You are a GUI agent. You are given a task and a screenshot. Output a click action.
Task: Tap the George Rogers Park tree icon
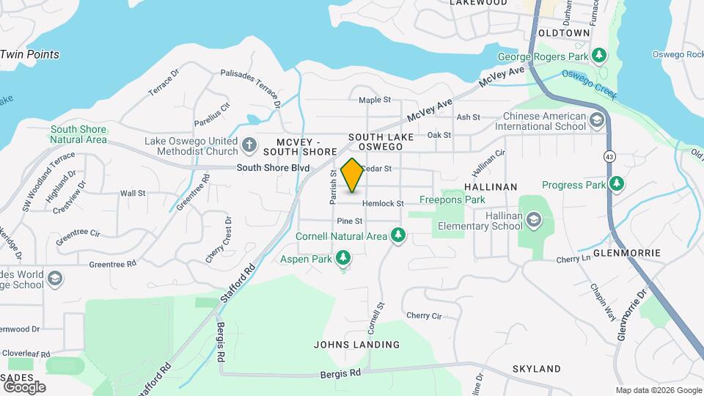click(x=599, y=56)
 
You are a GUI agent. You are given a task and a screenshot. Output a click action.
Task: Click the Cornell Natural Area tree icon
click(x=398, y=235)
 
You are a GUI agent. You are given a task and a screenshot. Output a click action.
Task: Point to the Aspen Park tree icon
click(x=342, y=257)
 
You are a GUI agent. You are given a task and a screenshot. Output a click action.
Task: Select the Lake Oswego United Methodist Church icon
click(x=249, y=146)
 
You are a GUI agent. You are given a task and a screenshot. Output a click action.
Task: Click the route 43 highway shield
click(x=610, y=156)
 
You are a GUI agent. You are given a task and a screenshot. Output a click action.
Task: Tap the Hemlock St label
click(x=383, y=203)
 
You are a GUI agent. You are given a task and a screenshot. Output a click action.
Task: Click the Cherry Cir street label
click(x=424, y=316)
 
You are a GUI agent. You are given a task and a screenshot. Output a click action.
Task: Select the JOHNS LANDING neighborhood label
click(x=356, y=345)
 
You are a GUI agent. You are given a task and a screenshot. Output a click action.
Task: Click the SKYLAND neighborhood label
click(x=536, y=369)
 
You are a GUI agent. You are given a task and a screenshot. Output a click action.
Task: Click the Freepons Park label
click(x=452, y=199)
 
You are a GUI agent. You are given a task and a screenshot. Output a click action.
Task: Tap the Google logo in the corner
click(x=24, y=386)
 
